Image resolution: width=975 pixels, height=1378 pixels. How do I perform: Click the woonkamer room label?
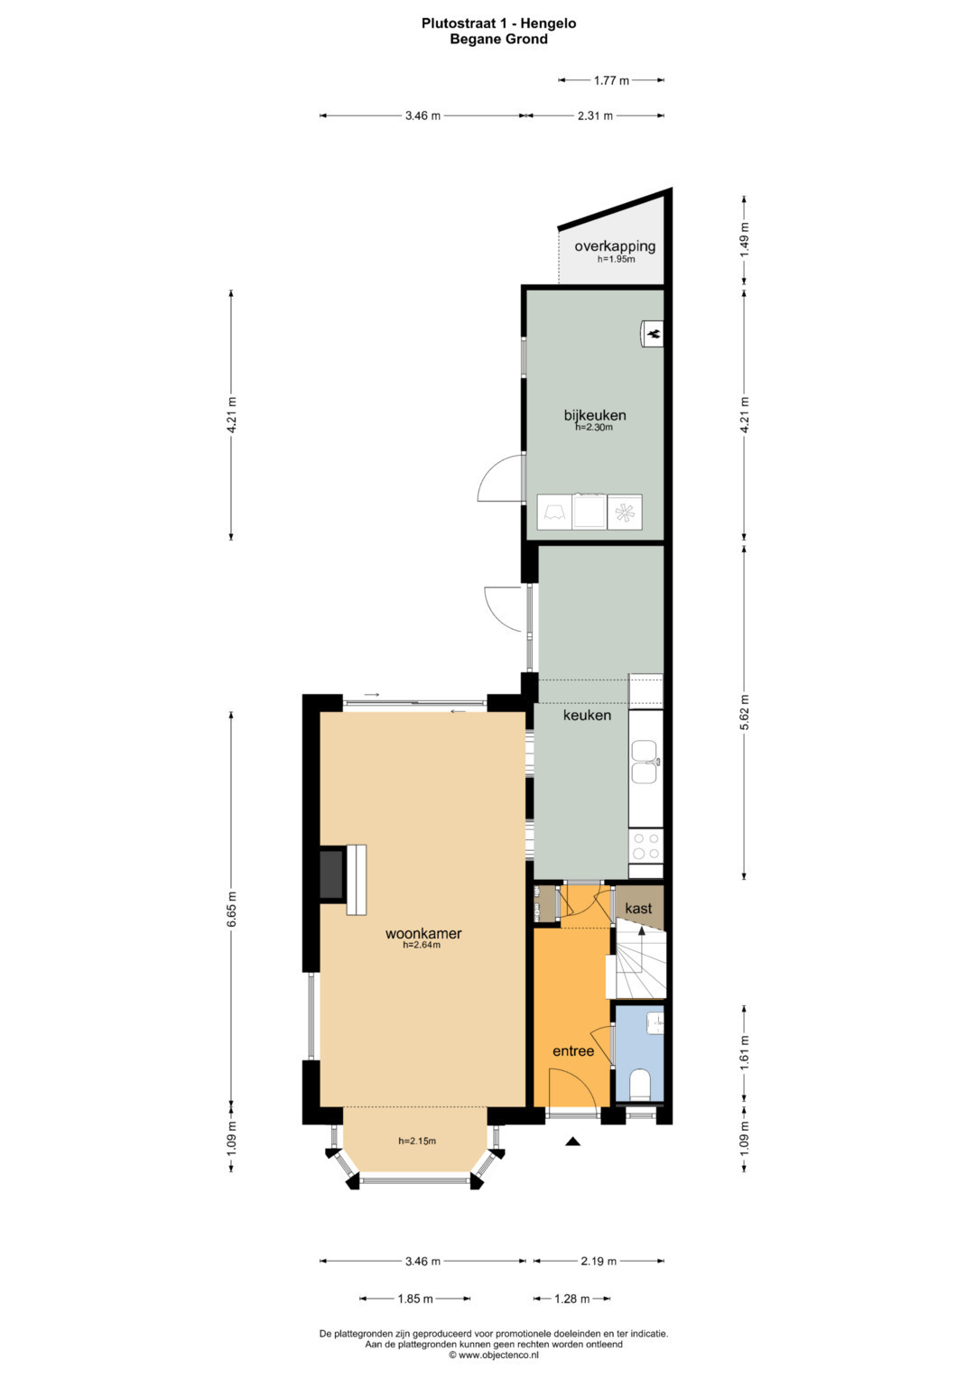422,933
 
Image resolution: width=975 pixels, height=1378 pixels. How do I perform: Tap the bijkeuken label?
595,414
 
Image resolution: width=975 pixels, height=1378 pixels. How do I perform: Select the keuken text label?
587,715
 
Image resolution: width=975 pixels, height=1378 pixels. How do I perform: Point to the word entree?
573,1050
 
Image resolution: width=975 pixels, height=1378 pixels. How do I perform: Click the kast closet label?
638,908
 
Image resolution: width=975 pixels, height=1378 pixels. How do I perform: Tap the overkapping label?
615,246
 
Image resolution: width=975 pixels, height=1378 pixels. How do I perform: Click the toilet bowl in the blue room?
641,1084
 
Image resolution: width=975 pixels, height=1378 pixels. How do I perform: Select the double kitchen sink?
645,763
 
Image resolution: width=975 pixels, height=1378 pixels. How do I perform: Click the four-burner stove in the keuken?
645,846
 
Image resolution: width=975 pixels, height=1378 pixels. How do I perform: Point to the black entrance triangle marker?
573,1142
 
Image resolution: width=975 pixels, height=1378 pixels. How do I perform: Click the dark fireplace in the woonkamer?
332,874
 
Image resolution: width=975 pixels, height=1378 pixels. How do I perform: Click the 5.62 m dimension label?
744,712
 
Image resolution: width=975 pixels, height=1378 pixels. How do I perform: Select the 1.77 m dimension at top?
611,80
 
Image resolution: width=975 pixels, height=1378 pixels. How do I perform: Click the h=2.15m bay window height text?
417,1141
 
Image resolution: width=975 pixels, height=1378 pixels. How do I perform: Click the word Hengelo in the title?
549,23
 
